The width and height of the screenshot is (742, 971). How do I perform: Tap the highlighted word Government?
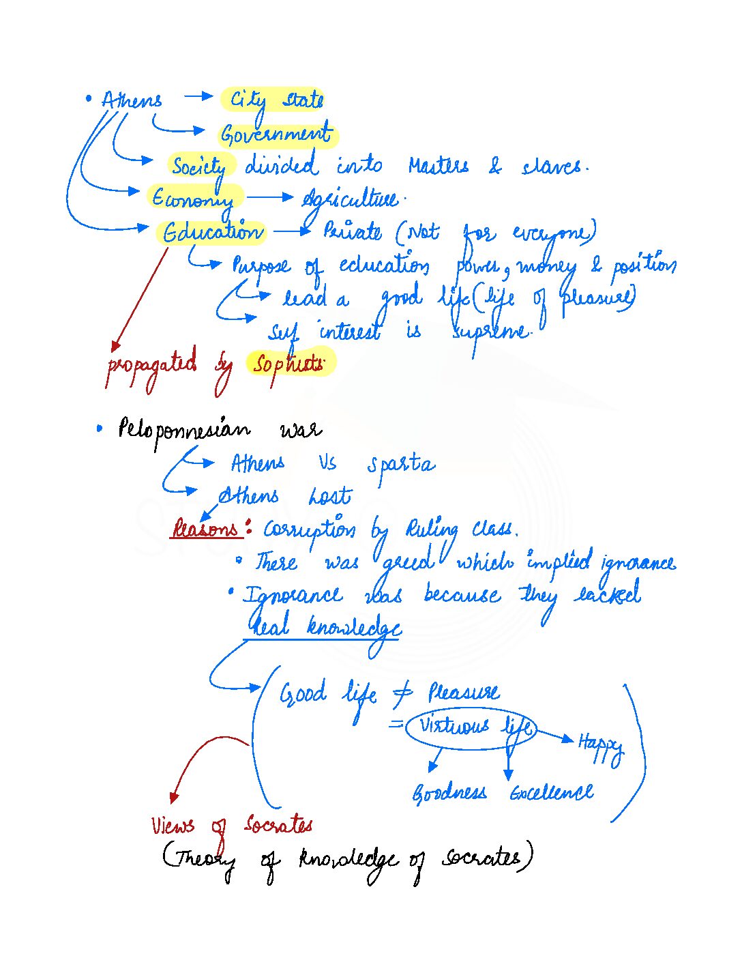[x=276, y=134]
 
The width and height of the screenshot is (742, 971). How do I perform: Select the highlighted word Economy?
[x=193, y=199]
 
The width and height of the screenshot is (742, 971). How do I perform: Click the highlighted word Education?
[x=212, y=233]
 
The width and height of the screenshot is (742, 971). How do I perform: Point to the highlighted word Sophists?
[x=288, y=364]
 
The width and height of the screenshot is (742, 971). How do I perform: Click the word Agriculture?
[x=350, y=199]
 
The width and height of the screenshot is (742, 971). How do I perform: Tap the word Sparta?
[x=401, y=464]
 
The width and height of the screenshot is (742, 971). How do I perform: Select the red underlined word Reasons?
[x=206, y=529]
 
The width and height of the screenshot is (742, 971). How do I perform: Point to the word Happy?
[x=600, y=744]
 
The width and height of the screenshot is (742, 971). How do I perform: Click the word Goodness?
[x=449, y=793]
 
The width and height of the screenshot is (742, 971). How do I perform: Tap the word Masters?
[x=439, y=166]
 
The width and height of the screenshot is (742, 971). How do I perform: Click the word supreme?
[x=490, y=332]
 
